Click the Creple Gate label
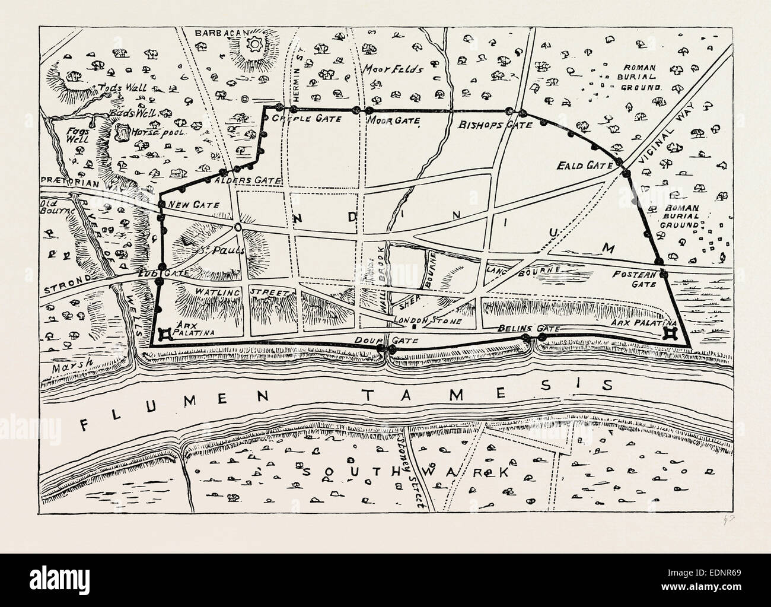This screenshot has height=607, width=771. click(x=306, y=119)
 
